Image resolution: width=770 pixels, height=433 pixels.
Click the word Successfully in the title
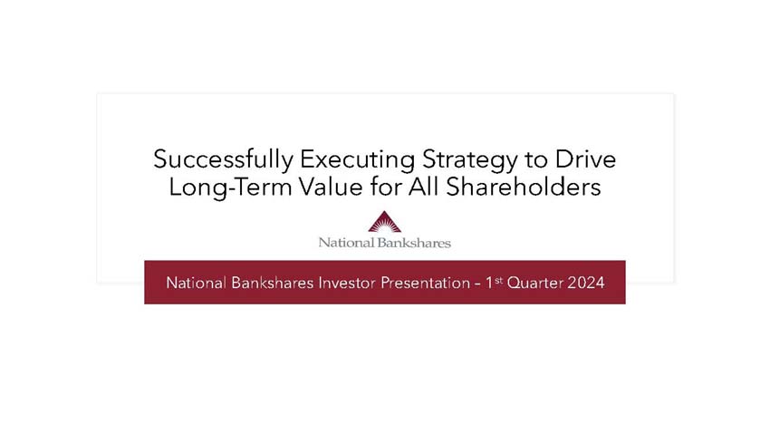click(223, 160)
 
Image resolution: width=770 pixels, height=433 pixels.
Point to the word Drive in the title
click(590, 159)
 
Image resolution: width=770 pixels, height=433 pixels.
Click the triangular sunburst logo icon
click(384, 223)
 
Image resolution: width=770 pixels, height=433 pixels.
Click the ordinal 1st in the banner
click(494, 282)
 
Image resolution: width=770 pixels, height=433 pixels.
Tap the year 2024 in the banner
click(586, 283)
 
